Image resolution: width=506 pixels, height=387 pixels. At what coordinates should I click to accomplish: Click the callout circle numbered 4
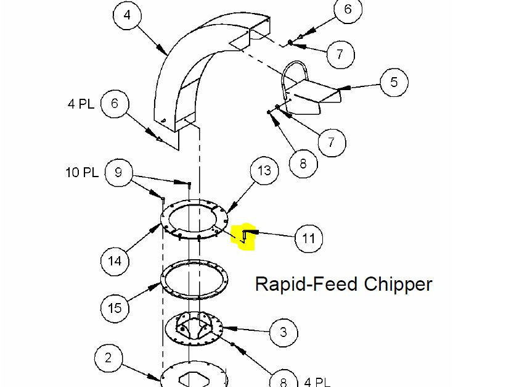coord(128,15)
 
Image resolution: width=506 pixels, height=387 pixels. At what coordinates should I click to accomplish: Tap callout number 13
coord(264,170)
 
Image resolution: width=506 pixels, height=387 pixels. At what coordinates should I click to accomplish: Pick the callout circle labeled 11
coord(309,238)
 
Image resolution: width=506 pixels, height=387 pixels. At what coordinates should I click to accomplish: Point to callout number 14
coord(115,260)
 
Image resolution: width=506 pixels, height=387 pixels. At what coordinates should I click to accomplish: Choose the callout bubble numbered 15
coord(115,306)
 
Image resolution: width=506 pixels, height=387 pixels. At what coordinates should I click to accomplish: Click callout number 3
coord(284,332)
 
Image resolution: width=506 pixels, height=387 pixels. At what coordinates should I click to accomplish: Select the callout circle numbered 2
coord(109,358)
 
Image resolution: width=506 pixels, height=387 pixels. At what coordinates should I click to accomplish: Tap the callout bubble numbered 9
coord(119,172)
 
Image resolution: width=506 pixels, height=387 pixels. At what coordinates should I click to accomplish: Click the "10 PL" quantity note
coord(82,172)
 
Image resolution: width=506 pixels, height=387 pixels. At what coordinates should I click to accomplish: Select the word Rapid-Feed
coord(306,284)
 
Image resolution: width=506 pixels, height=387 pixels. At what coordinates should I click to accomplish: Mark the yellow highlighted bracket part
coord(244,236)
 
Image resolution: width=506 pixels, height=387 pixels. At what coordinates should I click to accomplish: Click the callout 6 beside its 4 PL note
coord(115,103)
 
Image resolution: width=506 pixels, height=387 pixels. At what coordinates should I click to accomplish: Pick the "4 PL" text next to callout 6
coord(81,103)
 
